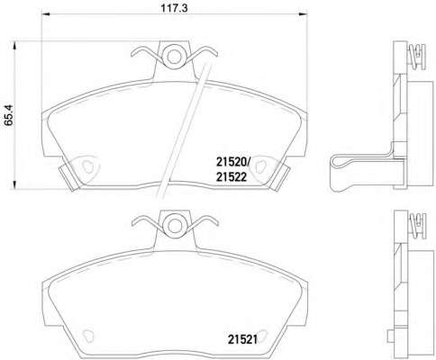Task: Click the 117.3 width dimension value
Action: click(x=174, y=8)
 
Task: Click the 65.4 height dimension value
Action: click(x=8, y=114)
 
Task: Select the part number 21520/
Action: click(x=232, y=163)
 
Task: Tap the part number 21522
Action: click(x=232, y=177)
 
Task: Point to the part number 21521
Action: click(x=242, y=339)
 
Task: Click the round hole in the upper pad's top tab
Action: click(x=174, y=56)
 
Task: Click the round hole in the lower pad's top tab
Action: click(x=175, y=226)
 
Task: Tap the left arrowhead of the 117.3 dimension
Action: click(x=45, y=14)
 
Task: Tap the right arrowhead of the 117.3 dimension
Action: click(x=304, y=14)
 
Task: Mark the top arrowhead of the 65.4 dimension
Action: click(x=14, y=46)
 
